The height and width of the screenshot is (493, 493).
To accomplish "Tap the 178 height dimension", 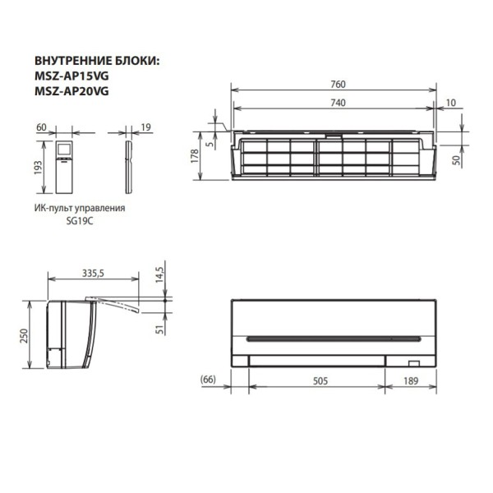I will (195, 157).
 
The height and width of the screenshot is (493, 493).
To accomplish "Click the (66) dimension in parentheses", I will (207, 380).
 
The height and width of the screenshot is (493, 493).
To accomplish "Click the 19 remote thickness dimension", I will (145, 127).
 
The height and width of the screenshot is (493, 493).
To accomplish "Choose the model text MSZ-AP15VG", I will (71, 76).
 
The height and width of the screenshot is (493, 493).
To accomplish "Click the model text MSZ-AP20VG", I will (71, 91).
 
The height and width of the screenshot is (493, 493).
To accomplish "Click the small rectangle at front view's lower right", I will (414, 361).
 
